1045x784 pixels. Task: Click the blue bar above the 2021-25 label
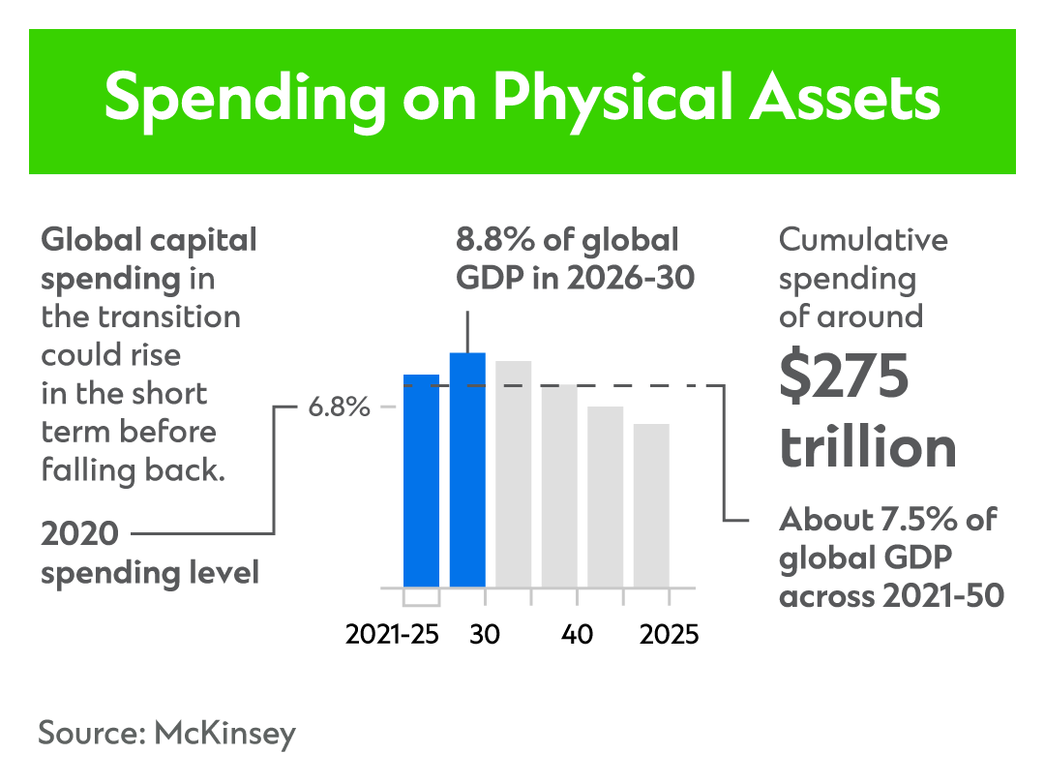click(x=421, y=480)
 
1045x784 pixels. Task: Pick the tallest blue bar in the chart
click(x=467, y=469)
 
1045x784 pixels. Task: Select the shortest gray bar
click(x=652, y=505)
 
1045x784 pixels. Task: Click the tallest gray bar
click(x=514, y=473)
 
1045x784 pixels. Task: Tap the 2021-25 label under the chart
click(x=392, y=635)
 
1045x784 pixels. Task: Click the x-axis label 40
click(x=578, y=635)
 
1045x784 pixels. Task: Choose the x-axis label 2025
click(x=667, y=635)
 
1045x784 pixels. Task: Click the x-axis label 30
click(x=485, y=635)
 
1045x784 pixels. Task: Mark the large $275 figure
click(x=844, y=377)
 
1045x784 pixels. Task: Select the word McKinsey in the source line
click(x=224, y=733)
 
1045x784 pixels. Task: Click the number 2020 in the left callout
click(x=79, y=533)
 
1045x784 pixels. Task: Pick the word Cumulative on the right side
click(x=863, y=240)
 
